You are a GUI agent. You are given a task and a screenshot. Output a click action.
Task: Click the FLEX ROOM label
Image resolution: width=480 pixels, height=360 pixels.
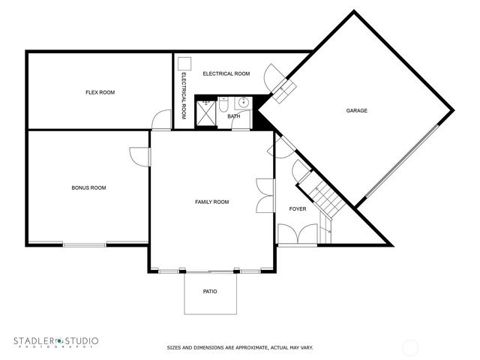point(99,92)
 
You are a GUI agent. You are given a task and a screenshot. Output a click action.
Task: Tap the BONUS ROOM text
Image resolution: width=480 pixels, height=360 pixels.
point(88,187)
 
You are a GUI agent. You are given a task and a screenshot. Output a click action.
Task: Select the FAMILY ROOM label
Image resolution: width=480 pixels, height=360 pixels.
point(211,202)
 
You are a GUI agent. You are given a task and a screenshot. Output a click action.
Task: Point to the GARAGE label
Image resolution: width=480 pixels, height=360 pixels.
point(356,111)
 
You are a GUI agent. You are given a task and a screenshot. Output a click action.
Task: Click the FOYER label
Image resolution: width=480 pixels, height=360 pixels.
point(298,209)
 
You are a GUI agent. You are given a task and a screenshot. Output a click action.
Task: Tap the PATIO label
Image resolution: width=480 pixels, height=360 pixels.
point(210,291)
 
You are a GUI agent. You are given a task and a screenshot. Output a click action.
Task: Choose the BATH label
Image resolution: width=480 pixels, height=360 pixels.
point(234,116)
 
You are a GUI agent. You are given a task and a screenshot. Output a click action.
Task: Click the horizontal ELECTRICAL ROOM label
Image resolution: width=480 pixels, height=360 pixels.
point(226,73)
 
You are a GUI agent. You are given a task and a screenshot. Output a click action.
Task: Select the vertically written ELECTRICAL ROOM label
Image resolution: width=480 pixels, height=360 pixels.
point(183,96)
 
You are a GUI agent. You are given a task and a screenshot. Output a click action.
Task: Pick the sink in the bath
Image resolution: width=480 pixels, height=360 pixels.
point(242,103)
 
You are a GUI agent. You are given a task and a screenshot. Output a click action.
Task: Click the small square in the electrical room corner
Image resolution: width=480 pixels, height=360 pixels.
point(186,64)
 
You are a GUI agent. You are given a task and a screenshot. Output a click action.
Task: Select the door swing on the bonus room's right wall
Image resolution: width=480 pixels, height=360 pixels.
point(139,156)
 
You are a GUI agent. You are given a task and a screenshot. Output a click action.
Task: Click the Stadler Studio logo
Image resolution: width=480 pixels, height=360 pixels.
point(55,342)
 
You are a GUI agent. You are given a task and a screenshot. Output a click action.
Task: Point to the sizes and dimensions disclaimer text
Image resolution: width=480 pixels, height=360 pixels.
point(239,348)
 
